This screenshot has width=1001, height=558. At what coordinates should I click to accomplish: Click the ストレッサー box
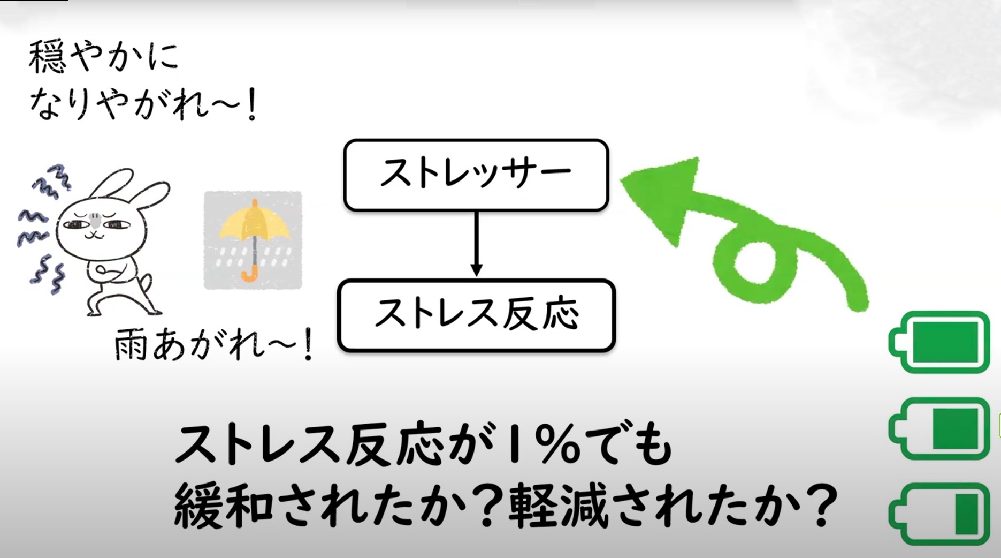click(476, 175)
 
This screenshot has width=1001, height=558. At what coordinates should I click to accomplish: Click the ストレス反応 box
click(476, 315)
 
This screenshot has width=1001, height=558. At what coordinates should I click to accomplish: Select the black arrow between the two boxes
click(476, 244)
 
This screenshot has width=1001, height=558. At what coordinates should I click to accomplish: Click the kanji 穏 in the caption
click(48, 57)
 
